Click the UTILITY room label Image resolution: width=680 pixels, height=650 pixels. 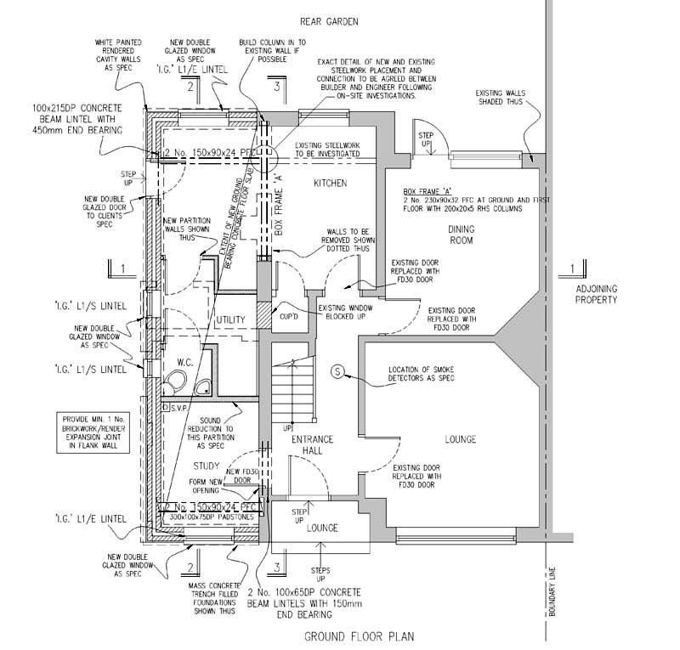[x=232, y=319]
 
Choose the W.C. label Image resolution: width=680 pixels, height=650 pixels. [x=186, y=362]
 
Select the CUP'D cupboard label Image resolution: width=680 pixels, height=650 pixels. [x=288, y=317]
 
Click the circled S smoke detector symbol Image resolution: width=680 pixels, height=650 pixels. [x=337, y=371]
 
